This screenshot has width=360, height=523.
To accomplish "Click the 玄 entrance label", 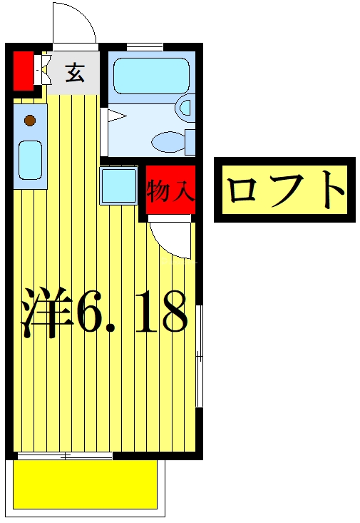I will click(x=75, y=72).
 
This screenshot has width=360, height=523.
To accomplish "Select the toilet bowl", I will click(x=169, y=141).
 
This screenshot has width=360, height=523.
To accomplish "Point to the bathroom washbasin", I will click(x=185, y=108).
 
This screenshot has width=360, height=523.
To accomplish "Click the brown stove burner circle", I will click(x=30, y=121).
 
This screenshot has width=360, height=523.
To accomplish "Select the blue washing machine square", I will click(x=118, y=185).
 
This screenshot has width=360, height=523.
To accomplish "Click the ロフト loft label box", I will click(x=286, y=190).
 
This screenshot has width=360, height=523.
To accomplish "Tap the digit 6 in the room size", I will click(x=91, y=313).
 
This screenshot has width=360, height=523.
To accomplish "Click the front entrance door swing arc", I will click(x=75, y=23).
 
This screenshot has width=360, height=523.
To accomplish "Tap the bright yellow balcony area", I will click(x=86, y=484).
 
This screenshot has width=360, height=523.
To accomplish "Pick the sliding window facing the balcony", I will click(x=64, y=455).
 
